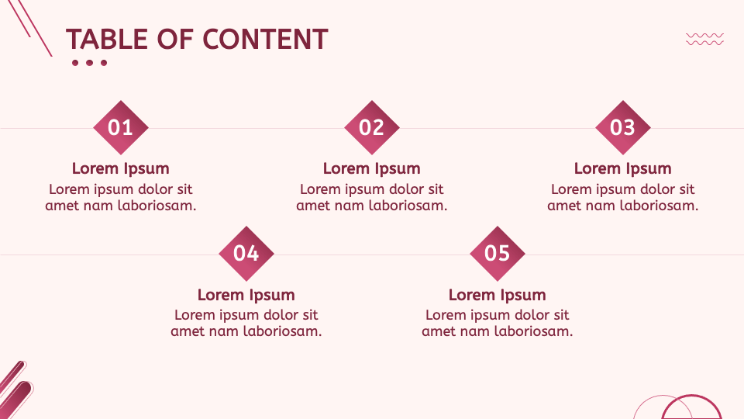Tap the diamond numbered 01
click(x=121, y=127)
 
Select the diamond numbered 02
click(x=372, y=127)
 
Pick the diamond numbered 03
click(x=623, y=127)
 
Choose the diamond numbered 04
click(x=246, y=253)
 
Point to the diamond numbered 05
click(x=498, y=253)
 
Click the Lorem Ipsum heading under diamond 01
click(x=121, y=168)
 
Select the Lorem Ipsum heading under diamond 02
click(x=372, y=168)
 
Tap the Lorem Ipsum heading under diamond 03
click(x=623, y=168)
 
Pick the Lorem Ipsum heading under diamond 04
click(x=246, y=295)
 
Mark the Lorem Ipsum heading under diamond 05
click(x=498, y=295)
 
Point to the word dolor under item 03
click(x=657, y=189)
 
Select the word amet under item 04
click(x=187, y=331)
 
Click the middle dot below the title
click(x=90, y=63)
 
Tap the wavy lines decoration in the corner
click(x=705, y=39)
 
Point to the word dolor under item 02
click(x=406, y=189)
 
